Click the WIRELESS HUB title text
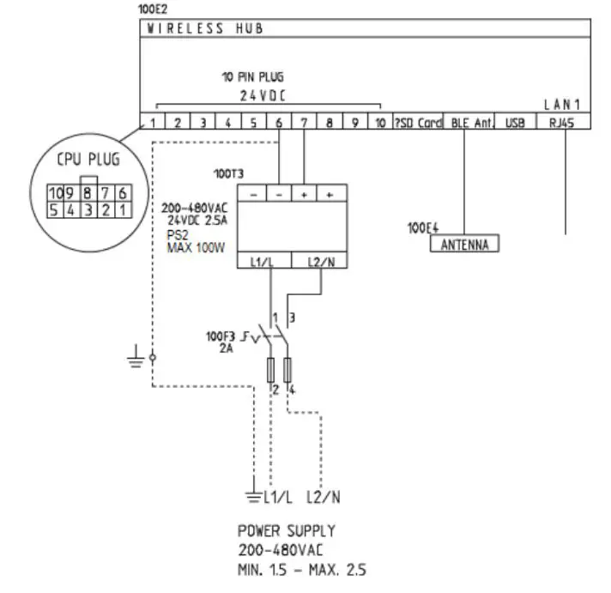coord(204,28)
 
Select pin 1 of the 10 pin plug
coord(152,124)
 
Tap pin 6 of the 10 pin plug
coord(279,124)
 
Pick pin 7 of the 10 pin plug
coord(305,124)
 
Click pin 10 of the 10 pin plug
coord(380,124)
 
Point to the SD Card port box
coord(418,124)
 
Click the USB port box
coord(515,124)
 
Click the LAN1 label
coord(563,104)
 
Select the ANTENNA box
coord(464,245)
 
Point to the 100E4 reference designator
coord(423,229)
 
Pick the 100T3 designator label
coord(227,172)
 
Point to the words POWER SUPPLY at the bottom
coord(287,531)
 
